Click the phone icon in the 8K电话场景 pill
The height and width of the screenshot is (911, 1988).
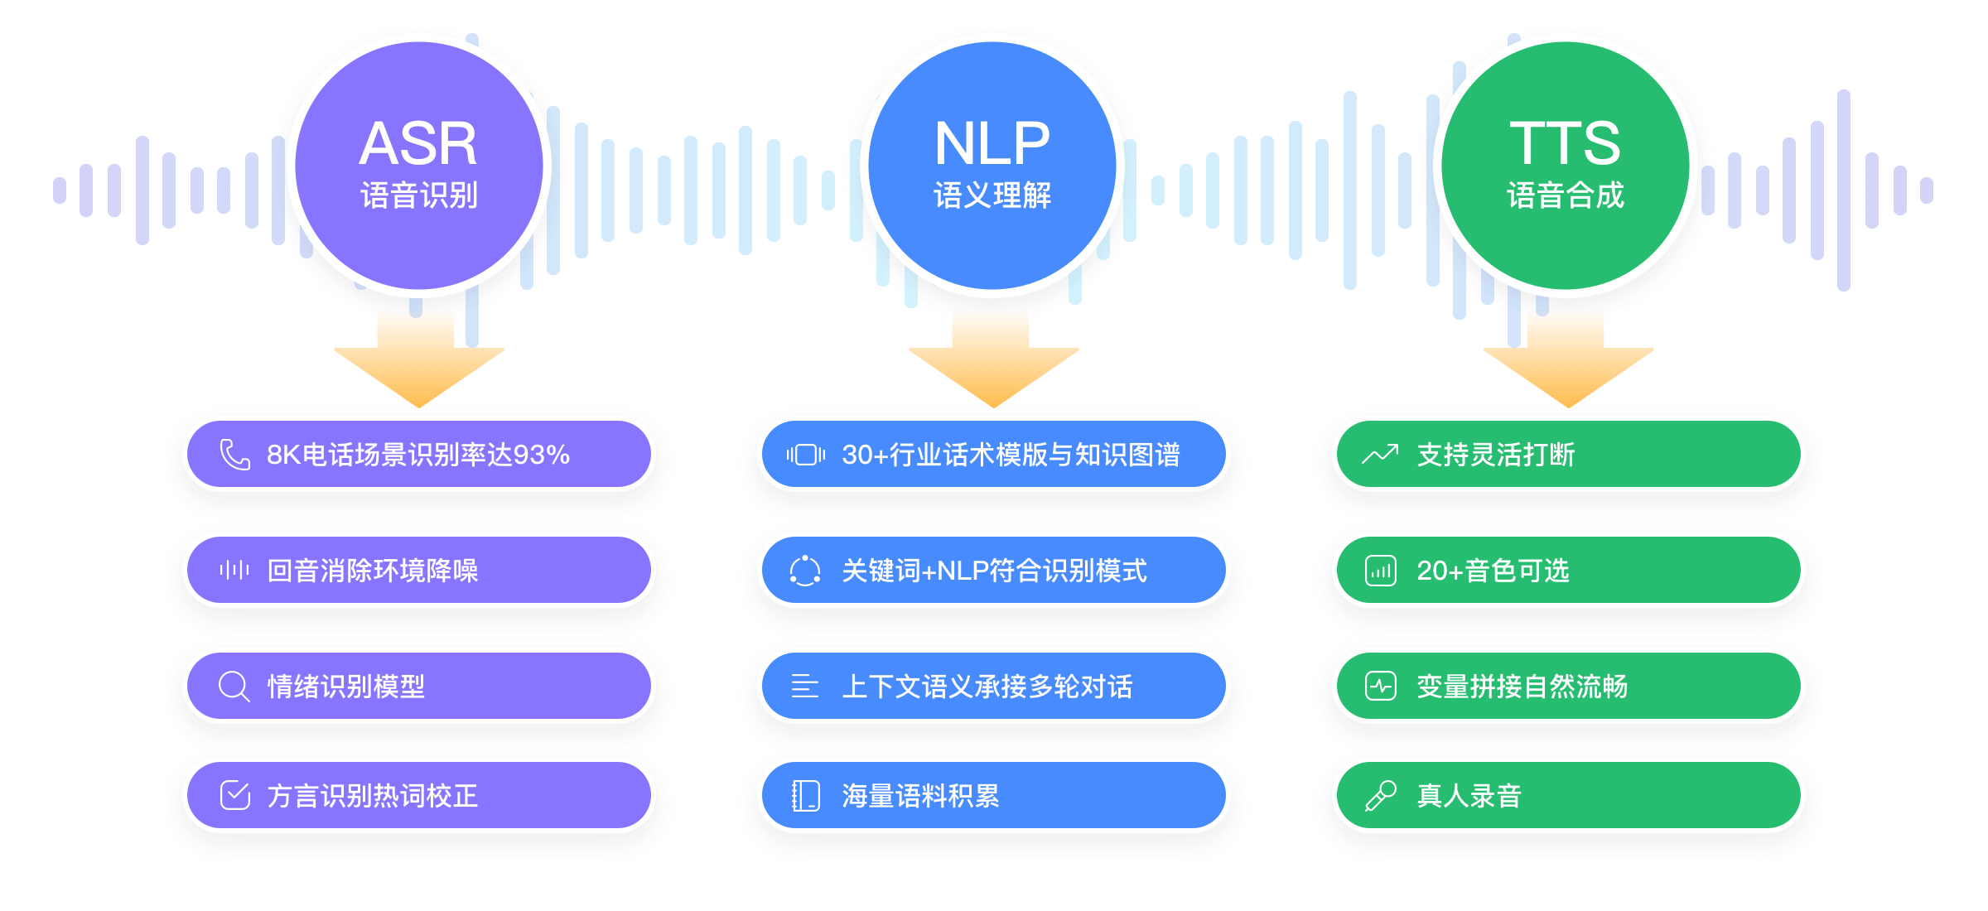click(234, 455)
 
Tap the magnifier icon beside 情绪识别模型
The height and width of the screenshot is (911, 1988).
click(234, 687)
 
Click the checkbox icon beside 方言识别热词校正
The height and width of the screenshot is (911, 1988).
click(234, 795)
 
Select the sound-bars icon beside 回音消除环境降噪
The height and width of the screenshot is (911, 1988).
click(234, 570)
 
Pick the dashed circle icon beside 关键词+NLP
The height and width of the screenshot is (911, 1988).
click(804, 571)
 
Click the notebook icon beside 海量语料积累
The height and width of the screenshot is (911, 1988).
click(805, 796)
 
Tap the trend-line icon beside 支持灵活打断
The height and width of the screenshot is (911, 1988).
click(1380, 455)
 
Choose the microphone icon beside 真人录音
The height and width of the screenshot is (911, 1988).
click(1380, 796)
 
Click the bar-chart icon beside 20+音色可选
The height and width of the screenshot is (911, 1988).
click(1380, 571)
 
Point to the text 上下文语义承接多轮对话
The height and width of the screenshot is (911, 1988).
click(987, 687)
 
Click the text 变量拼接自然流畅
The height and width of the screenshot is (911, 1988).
click(1522, 687)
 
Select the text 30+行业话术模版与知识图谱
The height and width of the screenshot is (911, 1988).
click(1011, 455)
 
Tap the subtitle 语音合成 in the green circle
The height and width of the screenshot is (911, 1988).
click(1566, 195)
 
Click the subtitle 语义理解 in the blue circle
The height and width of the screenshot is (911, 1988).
click(992, 195)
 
